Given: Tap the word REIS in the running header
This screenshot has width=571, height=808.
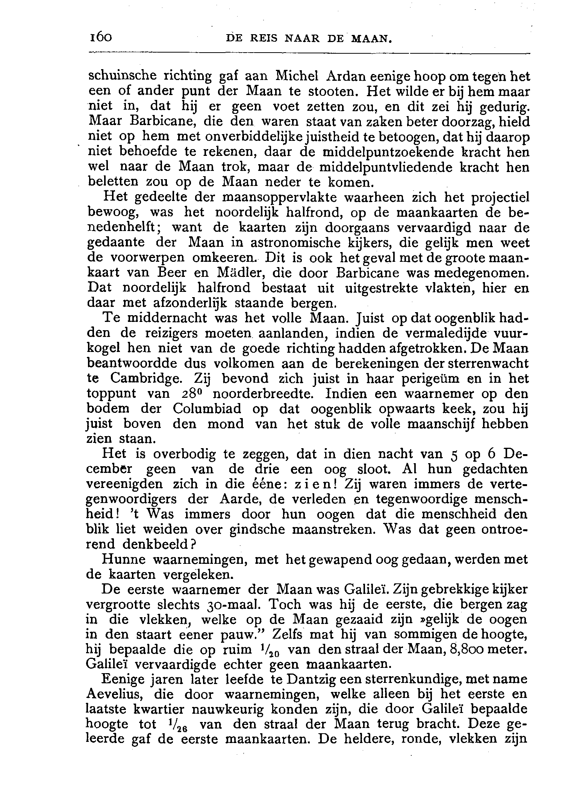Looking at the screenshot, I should pyautogui.click(x=265, y=38).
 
